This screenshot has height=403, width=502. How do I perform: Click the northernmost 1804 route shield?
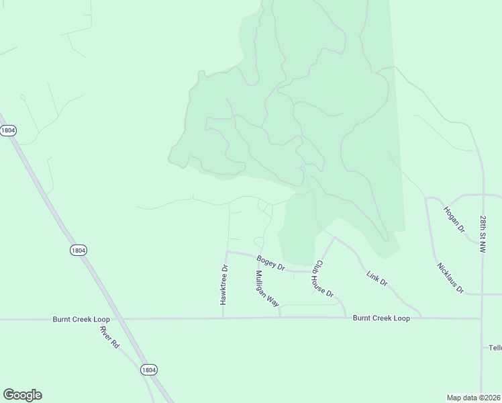click(x=8, y=130)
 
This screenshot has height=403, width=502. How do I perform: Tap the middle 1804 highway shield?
click(x=79, y=250)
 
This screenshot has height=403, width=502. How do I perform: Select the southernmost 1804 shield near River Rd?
click(x=149, y=369)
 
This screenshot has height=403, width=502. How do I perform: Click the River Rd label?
click(x=109, y=337)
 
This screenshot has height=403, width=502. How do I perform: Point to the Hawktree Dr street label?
click(x=225, y=285)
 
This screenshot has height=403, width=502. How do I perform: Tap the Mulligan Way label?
click(x=267, y=289)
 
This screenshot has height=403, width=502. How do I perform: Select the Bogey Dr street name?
click(x=271, y=263)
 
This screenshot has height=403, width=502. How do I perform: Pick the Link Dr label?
click(x=377, y=278)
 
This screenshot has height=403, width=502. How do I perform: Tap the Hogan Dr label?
click(x=454, y=219)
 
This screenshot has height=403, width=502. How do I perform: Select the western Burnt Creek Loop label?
click(x=81, y=320)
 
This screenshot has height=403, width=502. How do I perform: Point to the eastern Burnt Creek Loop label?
click(x=381, y=318)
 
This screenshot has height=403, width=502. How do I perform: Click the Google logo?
click(x=22, y=395)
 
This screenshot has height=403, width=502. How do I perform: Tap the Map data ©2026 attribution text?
click(x=474, y=398)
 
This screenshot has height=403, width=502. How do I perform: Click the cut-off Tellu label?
click(x=494, y=348)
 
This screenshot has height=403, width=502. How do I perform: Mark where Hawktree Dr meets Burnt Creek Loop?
click(x=223, y=318)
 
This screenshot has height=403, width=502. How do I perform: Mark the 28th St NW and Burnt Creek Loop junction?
click(x=482, y=319)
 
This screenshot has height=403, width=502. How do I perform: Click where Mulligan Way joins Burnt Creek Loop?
click(x=280, y=317)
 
